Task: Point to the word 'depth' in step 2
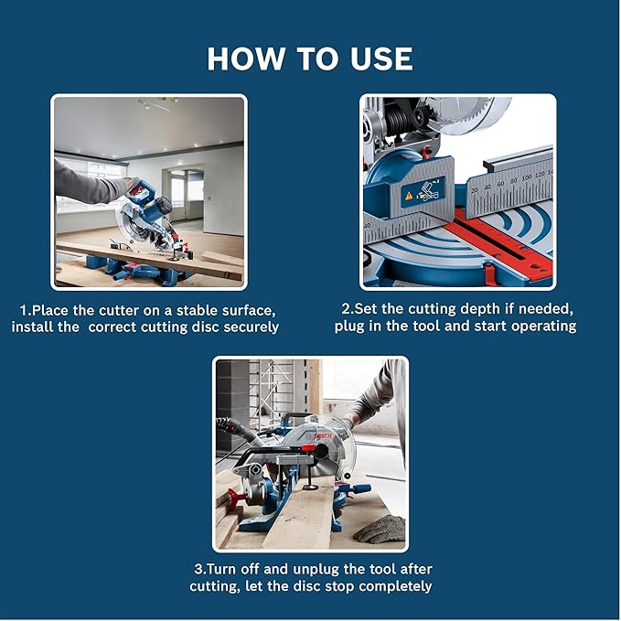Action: (462, 310)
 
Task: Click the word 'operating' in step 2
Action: (541, 327)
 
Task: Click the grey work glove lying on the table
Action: (379, 528)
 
